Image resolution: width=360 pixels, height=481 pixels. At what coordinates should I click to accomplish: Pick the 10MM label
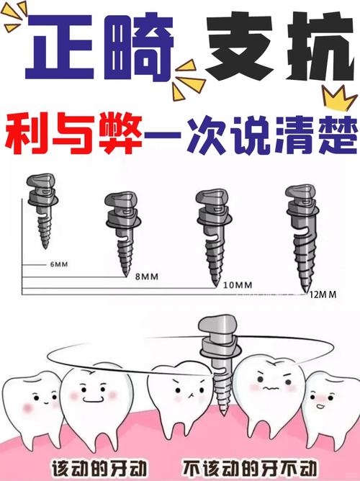click(238, 285)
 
